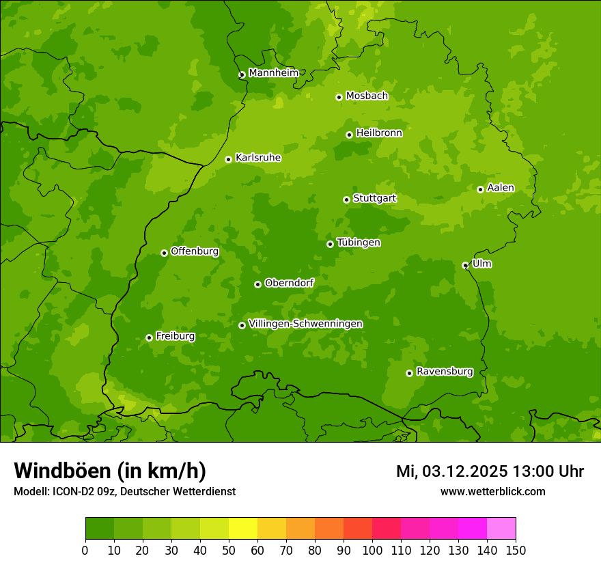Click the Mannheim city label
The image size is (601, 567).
[273, 73]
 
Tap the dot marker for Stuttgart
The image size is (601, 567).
[346, 199]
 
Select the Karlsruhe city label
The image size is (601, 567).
[257, 158]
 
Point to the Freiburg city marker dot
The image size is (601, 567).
[149, 337]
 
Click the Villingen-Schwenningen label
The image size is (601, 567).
[305, 324]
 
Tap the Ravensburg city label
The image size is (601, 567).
[444, 372]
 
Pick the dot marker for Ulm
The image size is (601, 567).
[465, 265]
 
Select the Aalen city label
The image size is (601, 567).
[500, 188]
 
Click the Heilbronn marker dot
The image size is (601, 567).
[349, 135]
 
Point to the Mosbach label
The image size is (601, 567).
[366, 96]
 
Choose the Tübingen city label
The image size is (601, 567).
[358, 243]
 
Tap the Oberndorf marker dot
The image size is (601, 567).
[257, 284]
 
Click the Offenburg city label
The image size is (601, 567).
[194, 251]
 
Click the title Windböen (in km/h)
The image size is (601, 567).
[109, 471]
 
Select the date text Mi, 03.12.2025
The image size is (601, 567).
[451, 471]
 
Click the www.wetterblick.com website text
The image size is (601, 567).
[492, 491]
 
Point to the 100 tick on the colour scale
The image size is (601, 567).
[372, 551]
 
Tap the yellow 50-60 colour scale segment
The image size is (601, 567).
[243, 529]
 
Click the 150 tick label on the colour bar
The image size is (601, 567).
[515, 551]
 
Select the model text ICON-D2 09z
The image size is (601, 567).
[78, 491]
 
